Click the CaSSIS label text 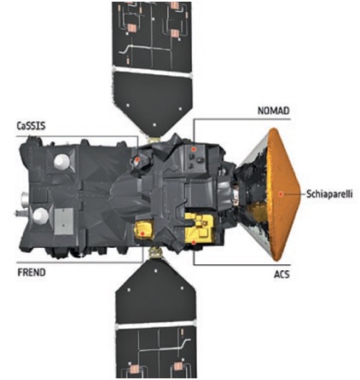pyautogui.click(x=32, y=125)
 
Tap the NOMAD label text pyautogui.click(x=274, y=111)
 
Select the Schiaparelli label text pyautogui.click(x=329, y=194)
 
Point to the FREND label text pyautogui.click(x=32, y=273)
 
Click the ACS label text pyautogui.click(x=282, y=274)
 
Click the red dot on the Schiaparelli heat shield pyautogui.click(x=281, y=194)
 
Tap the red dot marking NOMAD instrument pyautogui.click(x=194, y=149)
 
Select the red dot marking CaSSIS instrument pyautogui.click(x=137, y=160)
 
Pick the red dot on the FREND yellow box pyautogui.click(x=142, y=233)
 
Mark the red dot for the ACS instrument pyautogui.click(x=194, y=242)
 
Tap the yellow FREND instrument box pyautogui.click(x=143, y=230)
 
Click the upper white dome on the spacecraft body pyautogui.click(x=61, y=162)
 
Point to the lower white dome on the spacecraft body pyautogui.click(x=41, y=216)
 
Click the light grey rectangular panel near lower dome pyautogui.click(x=64, y=222)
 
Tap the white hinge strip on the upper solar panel pyautogui.click(x=152, y=72)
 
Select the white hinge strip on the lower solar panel pyautogui.click(x=156, y=325)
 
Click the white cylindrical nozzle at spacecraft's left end pyautogui.click(x=26, y=197)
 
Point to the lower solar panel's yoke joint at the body pyautogui.click(x=155, y=252)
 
